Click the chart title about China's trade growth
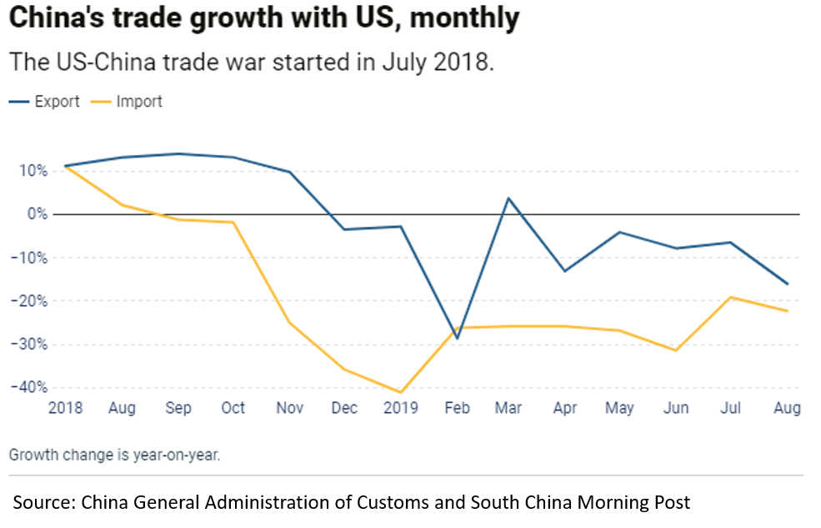click(x=264, y=18)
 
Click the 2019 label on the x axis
click(x=400, y=408)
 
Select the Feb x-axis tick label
click(x=457, y=408)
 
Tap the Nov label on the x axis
click(x=289, y=408)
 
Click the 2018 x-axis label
click(x=65, y=408)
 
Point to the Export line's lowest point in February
click(x=457, y=338)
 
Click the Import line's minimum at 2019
click(x=400, y=392)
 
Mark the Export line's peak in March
click(x=508, y=198)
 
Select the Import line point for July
click(x=731, y=297)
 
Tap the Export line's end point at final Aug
click(x=787, y=284)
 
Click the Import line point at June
click(x=676, y=350)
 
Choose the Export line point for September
click(x=178, y=153)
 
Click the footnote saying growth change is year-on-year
click(x=114, y=455)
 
